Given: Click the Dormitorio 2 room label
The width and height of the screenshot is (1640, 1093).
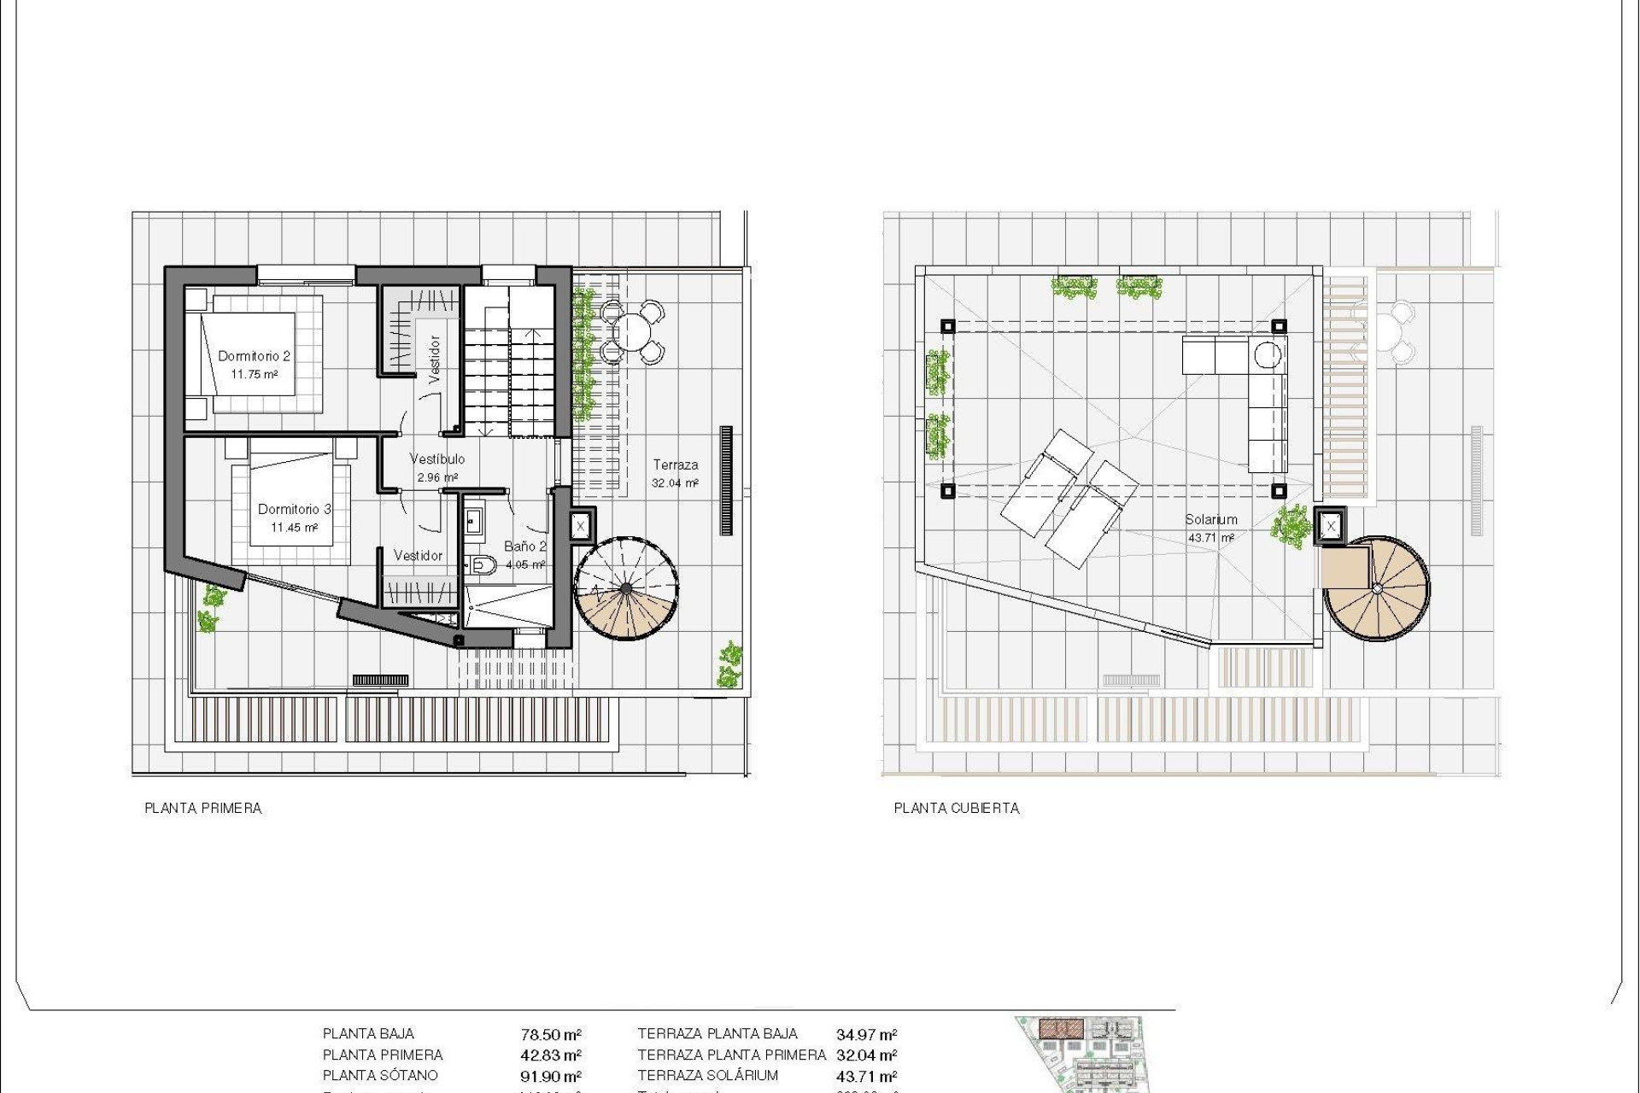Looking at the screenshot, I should coord(254,356).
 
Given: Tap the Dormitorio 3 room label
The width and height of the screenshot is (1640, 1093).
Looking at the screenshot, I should coord(294,509).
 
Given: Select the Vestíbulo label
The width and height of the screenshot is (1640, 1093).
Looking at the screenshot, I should coord(437,459).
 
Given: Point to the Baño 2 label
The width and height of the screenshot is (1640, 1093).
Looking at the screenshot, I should coord(524,546).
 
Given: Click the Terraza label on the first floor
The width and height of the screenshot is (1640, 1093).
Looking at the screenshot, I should coord(676,465).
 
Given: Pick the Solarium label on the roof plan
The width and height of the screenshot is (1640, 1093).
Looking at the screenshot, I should coord(1210,519).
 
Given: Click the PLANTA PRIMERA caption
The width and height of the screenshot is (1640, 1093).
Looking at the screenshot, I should coord(203,808).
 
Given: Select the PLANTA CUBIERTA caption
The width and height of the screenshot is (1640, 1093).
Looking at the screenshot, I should coord(957,808).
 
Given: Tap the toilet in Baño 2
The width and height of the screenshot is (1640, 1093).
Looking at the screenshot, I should coord(483,564).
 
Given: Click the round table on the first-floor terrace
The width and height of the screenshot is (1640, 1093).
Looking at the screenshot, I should coord(632,330).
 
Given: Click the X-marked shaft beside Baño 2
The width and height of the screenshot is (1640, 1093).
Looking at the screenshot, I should coord(580,526).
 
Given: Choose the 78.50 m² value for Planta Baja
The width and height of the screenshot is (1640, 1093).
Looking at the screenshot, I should coord(551,1035).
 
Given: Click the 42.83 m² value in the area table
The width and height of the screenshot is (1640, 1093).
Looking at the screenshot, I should coord(551,1055).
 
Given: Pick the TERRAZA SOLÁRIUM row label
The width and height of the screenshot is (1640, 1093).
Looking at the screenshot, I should coord(707,1076).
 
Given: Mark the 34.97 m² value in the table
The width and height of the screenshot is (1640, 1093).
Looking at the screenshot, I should coord(866,1035).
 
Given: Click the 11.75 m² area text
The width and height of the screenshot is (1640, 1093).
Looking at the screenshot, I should coord(254,374).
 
